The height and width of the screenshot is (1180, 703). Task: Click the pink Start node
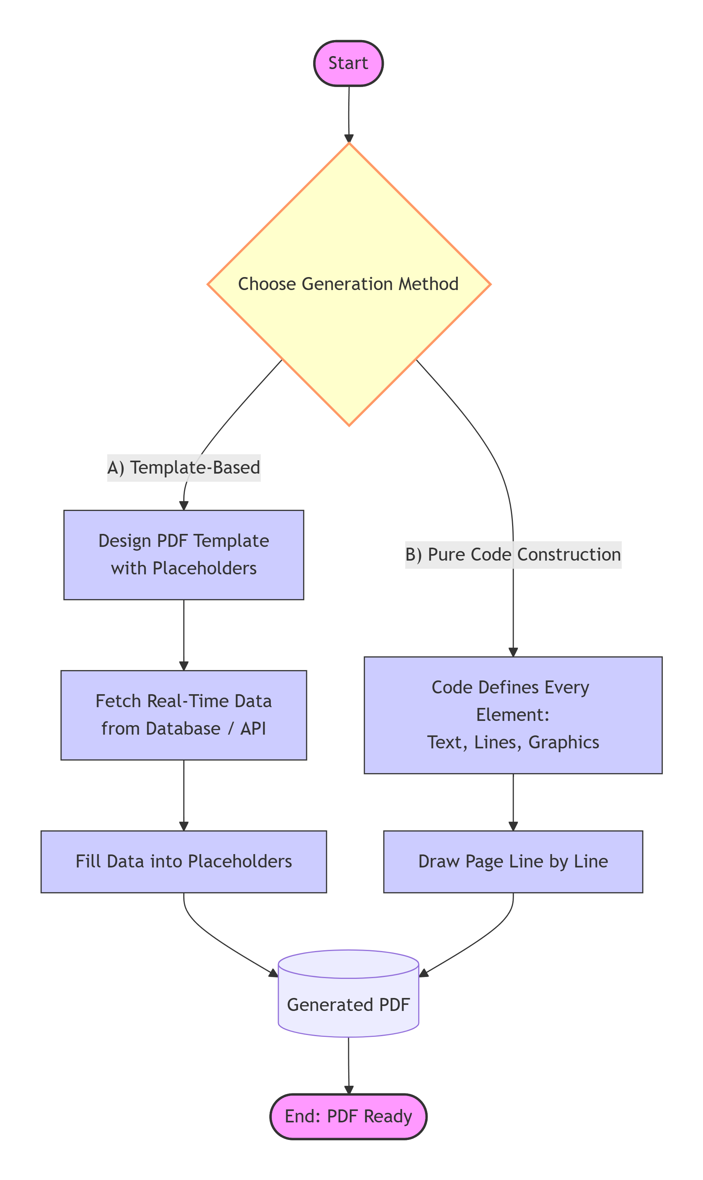pyautogui.click(x=348, y=63)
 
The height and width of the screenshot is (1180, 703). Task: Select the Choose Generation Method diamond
pyautogui.click(x=349, y=284)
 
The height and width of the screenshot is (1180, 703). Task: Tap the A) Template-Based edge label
pyautogui.click(x=184, y=467)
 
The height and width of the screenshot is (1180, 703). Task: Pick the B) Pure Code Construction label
pyautogui.click(x=513, y=555)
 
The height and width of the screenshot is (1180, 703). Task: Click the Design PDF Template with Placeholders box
pyautogui.click(x=184, y=555)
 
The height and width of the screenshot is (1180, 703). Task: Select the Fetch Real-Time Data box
pyautogui.click(x=184, y=715)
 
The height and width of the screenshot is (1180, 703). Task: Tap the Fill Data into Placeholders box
pyautogui.click(x=184, y=861)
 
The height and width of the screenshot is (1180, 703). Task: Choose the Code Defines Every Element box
pyautogui.click(x=513, y=715)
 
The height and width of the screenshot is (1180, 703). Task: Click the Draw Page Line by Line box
pyautogui.click(x=513, y=861)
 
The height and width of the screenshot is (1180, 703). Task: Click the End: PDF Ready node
pyautogui.click(x=348, y=1116)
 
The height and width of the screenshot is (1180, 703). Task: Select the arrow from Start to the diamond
pyautogui.click(x=349, y=114)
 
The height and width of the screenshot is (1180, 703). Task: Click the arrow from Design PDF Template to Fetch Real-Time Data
pyautogui.click(x=184, y=634)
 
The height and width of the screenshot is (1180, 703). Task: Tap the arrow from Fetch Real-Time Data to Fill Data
pyautogui.click(x=184, y=795)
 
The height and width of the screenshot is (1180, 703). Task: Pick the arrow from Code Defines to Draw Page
pyautogui.click(x=513, y=802)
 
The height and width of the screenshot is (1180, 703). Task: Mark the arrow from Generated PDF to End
pyautogui.click(x=349, y=1065)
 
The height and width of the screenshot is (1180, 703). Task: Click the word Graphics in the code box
pyautogui.click(x=563, y=742)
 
